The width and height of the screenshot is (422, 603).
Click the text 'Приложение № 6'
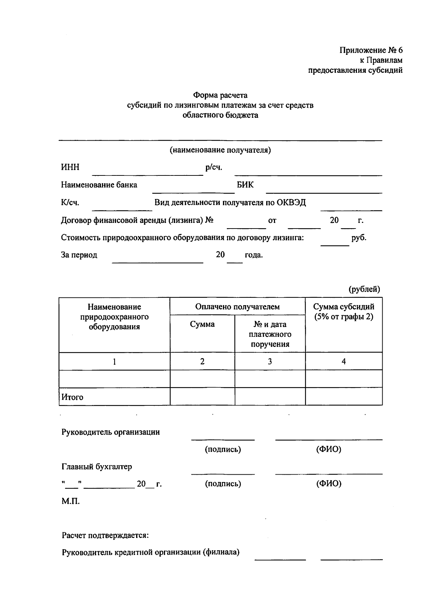pyautogui.click(x=371, y=50)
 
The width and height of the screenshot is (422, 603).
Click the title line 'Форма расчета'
pyautogui.click(x=220, y=95)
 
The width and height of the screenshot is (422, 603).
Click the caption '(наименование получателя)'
pyautogui.click(x=220, y=150)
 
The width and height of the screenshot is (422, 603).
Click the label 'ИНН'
pyautogui.click(x=70, y=167)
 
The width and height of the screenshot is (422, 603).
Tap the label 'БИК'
pyautogui.click(x=245, y=185)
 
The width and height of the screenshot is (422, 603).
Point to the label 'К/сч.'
pyautogui.click(x=70, y=203)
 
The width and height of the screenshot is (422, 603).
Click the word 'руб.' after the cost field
pyautogui.click(x=359, y=237)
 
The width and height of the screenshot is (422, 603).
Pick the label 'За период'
pyautogui.click(x=79, y=255)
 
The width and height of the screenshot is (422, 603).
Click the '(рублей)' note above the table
pyautogui.click(x=364, y=289)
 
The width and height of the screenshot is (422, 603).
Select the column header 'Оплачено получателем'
pyautogui.click(x=237, y=307)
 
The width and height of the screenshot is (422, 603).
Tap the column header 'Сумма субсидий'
pyautogui.click(x=344, y=307)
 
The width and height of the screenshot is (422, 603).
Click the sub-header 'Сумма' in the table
pyautogui.click(x=202, y=324)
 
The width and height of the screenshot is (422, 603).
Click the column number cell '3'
pyautogui.click(x=270, y=361)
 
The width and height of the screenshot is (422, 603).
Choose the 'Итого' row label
pyautogui.click(x=72, y=397)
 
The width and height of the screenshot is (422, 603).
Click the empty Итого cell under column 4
pyautogui.click(x=344, y=396)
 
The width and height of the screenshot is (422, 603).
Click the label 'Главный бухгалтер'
pyautogui.click(x=97, y=467)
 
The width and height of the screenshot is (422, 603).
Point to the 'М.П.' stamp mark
pyautogui.click(x=71, y=501)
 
